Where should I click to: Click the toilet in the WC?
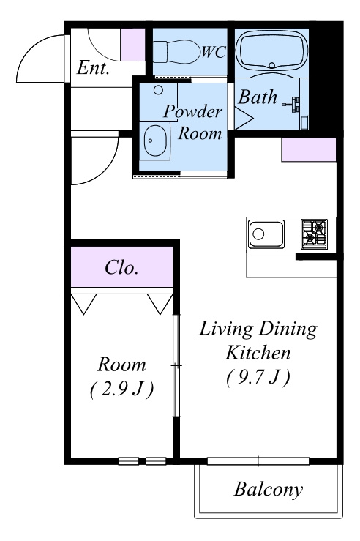(x=176, y=52)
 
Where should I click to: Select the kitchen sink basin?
(x=266, y=234)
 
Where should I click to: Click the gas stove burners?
(x=314, y=234)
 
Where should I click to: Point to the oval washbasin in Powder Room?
(x=155, y=141)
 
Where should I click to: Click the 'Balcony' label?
(x=269, y=489)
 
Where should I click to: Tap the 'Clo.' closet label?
(x=121, y=267)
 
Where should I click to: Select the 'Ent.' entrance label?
(x=93, y=67)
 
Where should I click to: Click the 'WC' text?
(x=214, y=52)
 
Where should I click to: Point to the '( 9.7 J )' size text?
(x=258, y=378)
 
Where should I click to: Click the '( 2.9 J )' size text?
(x=121, y=389)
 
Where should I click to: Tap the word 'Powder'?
(x=192, y=111)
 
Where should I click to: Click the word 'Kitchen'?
(x=258, y=353)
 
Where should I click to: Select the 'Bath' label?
(x=258, y=97)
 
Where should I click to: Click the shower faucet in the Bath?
(x=293, y=104)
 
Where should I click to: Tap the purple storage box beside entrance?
(x=132, y=45)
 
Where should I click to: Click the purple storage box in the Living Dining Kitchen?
(x=309, y=149)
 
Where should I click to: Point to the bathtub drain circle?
(x=271, y=65)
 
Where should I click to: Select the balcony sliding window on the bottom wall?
(x=258, y=461)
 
